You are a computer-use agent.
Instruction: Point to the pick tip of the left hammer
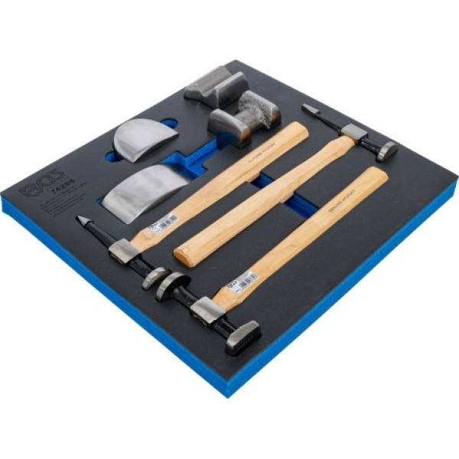click(80, 220)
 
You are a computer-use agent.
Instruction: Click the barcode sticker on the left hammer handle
click(163, 225)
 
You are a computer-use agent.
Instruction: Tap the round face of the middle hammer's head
click(387, 151)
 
